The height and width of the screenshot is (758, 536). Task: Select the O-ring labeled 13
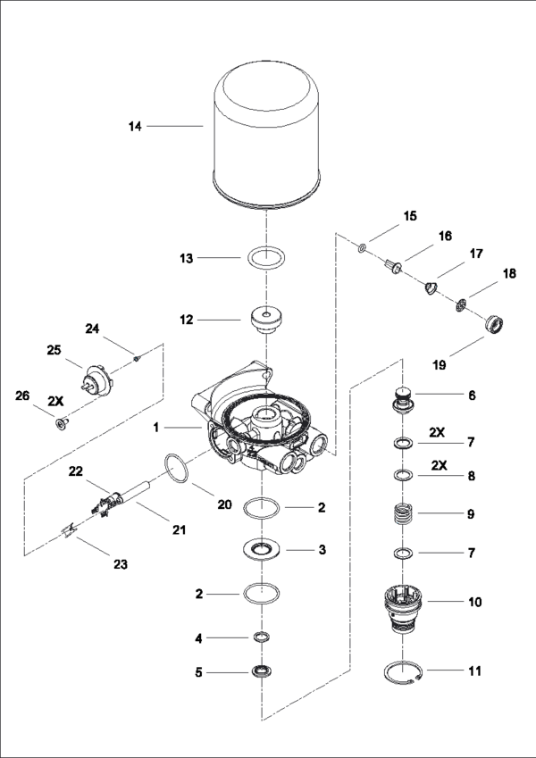click(267, 259)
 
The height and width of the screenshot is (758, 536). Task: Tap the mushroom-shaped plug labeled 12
click(266, 320)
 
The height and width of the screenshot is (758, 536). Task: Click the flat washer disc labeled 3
click(266, 549)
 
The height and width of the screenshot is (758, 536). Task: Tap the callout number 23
click(120, 564)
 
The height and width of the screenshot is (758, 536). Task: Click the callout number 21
click(179, 529)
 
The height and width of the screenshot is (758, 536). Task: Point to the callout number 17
click(476, 254)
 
